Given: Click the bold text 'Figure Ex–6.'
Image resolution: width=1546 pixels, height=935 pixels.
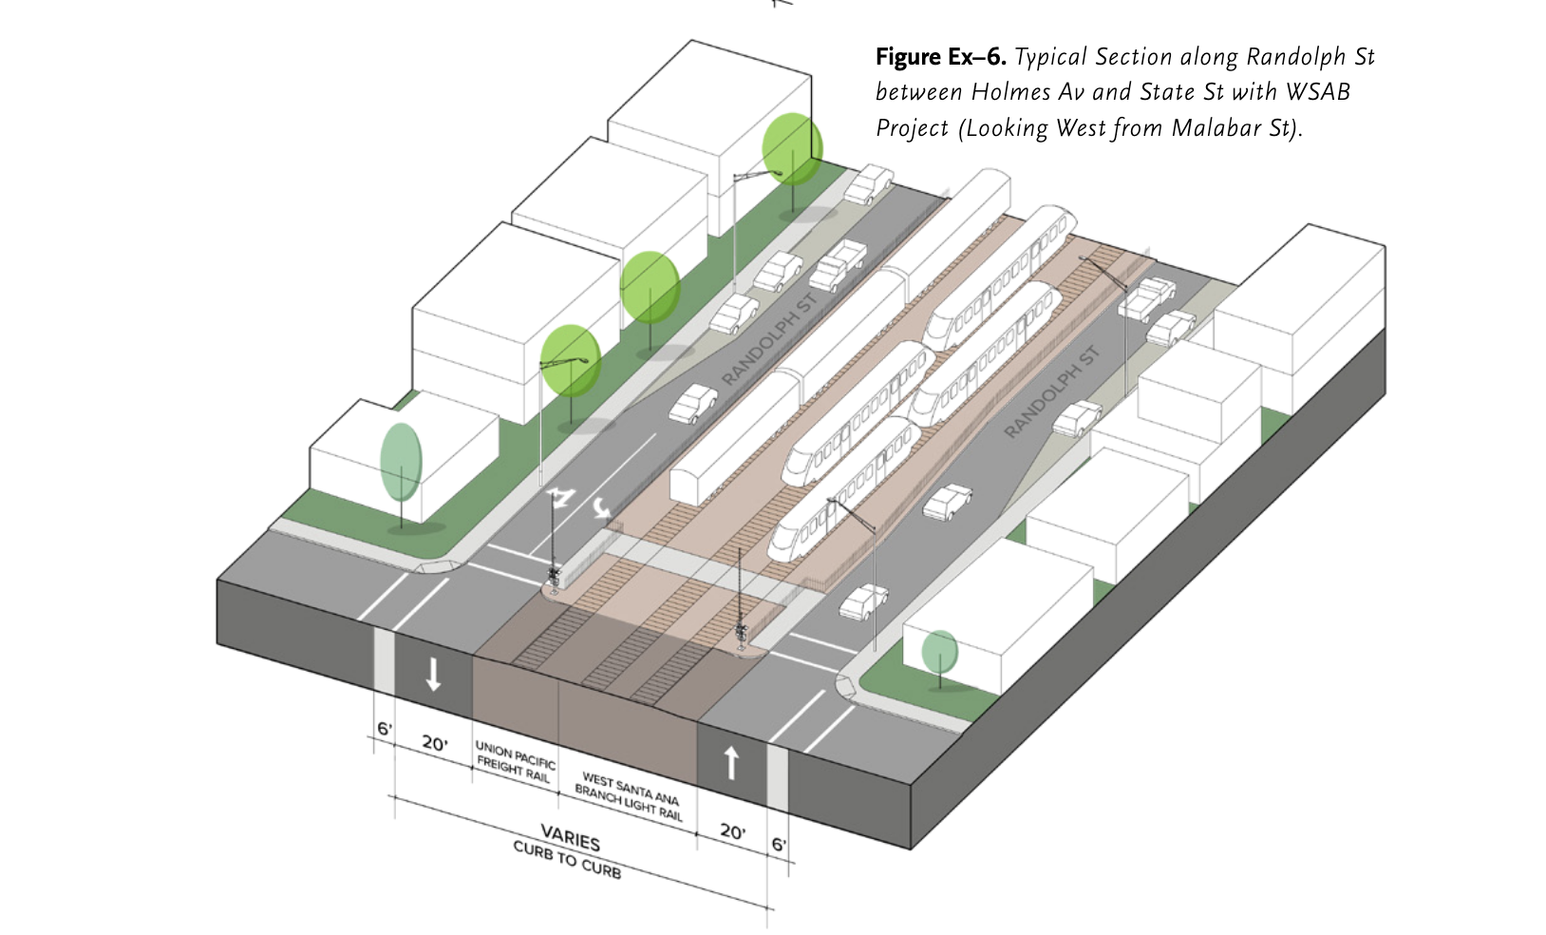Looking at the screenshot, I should [939, 57].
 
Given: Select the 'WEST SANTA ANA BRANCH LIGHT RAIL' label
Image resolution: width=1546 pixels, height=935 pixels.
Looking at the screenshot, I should [628, 796].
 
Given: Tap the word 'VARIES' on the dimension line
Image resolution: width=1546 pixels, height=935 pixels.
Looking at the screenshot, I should [570, 839].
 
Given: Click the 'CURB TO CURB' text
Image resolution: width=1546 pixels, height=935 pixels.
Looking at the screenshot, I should [567, 859].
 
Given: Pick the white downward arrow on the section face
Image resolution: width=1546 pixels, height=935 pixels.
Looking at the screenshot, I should [433, 674].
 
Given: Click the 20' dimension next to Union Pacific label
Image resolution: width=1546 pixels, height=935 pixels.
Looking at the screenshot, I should [434, 743].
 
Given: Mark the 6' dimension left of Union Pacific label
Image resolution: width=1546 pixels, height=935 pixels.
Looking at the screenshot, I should [384, 729].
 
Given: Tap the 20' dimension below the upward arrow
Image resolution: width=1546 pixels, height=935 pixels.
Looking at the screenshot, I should [731, 831].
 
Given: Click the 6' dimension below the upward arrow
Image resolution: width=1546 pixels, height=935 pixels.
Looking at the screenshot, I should [779, 844].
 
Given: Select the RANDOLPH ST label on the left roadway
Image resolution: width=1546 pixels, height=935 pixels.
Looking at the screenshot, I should [768, 340].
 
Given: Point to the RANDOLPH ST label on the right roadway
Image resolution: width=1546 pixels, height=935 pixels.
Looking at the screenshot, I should [1051, 392].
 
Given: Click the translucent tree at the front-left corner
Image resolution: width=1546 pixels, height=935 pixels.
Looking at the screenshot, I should [401, 463].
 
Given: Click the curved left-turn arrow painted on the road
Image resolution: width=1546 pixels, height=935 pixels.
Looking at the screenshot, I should [600, 508].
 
